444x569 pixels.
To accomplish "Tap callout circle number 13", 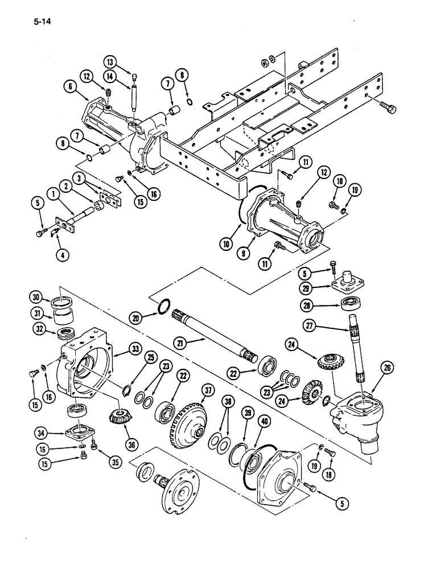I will pyautogui.click(x=109, y=61).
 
